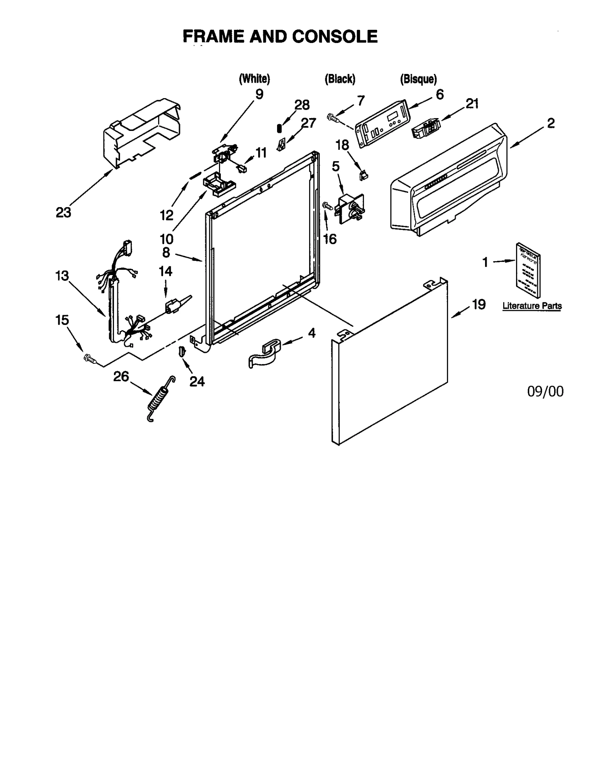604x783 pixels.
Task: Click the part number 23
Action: click(x=63, y=213)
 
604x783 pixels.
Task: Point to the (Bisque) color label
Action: click(x=418, y=79)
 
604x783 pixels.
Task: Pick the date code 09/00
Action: click(x=545, y=392)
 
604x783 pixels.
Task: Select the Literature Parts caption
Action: click(x=532, y=306)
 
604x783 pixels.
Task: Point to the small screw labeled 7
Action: click(x=333, y=118)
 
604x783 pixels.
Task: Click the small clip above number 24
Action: click(x=182, y=351)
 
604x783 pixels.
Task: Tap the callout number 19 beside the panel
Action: click(x=478, y=304)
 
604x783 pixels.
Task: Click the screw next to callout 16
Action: click(x=327, y=206)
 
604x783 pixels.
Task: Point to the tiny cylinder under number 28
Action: click(x=279, y=128)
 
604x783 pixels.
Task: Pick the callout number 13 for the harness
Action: click(x=62, y=276)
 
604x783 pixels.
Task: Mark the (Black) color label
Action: click(x=340, y=79)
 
